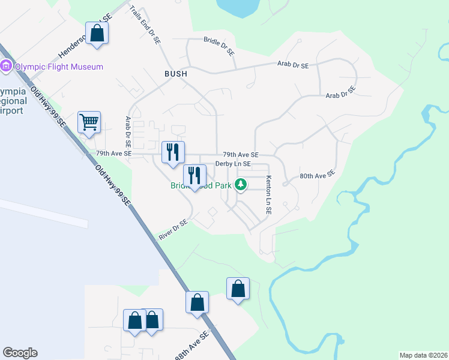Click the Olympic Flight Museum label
pyautogui.click(x=59, y=67)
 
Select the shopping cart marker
pyautogui.click(x=89, y=122)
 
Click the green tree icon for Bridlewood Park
pyautogui.click(x=240, y=184)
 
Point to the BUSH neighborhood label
pyautogui.click(x=176, y=73)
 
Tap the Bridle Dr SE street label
pyautogui.click(x=220, y=46)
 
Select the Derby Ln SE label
pyautogui.click(x=233, y=164)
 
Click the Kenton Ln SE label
pyautogui.click(x=268, y=196)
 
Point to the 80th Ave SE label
pyautogui.click(x=316, y=176)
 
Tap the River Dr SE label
pyautogui.click(x=173, y=230)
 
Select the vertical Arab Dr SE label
pyautogui.click(x=127, y=132)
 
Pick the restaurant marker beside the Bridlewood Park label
pyautogui.click(x=194, y=175)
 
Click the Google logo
pyautogui.click(x=20, y=353)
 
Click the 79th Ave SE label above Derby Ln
pyautogui.click(x=240, y=154)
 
